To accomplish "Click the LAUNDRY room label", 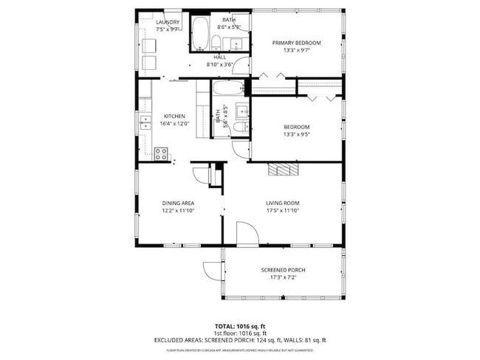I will [168, 22].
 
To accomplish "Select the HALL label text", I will [219, 57].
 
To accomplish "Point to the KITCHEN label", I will [174, 117].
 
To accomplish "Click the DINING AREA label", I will [176, 202].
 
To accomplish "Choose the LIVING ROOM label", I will [282, 202].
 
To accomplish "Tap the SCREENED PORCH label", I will [283, 270].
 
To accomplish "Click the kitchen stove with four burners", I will [161, 153].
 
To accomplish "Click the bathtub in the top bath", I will [199, 33].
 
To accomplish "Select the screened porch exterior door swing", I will [212, 270].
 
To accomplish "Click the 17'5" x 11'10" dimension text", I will [282, 210].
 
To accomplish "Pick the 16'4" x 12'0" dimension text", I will [174, 124].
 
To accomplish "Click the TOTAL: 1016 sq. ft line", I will [240, 325].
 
